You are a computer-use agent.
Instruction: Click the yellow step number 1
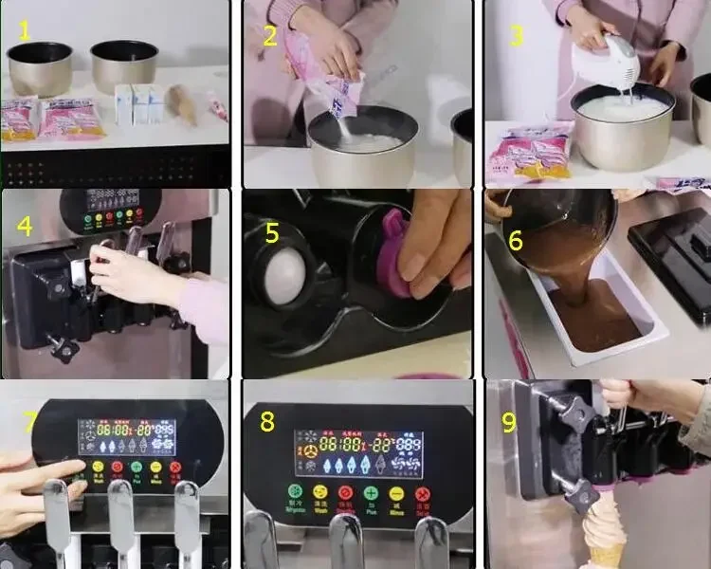tap(24, 30)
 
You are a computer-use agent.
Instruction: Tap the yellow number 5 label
tap(271, 232)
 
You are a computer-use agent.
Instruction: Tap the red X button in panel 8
tap(422, 494)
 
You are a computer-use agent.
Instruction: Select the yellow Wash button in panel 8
tap(319, 493)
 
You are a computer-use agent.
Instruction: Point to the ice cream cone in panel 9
tap(602, 531)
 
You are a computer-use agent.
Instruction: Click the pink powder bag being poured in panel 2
tap(327, 71)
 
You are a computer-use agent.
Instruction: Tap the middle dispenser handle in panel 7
tap(121, 517)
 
